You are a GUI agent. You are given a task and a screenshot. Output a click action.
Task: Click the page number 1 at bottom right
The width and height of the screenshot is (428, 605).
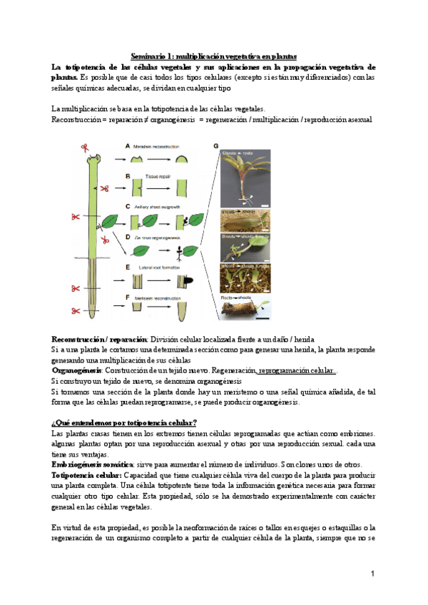pyautogui.click(x=372, y=574)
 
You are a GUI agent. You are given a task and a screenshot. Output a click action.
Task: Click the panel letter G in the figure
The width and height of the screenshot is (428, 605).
pyautogui.click(x=216, y=146)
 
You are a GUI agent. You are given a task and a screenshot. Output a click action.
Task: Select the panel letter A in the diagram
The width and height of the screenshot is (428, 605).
pyautogui.click(x=127, y=146)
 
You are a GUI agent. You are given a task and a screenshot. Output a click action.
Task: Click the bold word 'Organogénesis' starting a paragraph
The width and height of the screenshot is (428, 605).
pyautogui.click(x=76, y=371)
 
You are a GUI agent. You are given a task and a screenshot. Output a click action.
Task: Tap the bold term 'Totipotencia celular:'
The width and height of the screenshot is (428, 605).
pyautogui.click(x=87, y=474)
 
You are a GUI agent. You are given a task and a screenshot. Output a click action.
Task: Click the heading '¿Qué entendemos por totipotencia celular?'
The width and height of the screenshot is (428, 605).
pyautogui.click(x=124, y=422)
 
